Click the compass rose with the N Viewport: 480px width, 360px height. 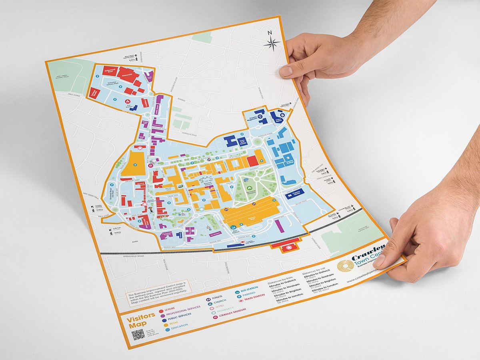pos(272,43)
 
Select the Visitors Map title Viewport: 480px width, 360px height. pos(140,320)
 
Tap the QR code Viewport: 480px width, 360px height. pos(138,334)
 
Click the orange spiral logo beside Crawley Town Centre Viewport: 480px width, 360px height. pos(345,266)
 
